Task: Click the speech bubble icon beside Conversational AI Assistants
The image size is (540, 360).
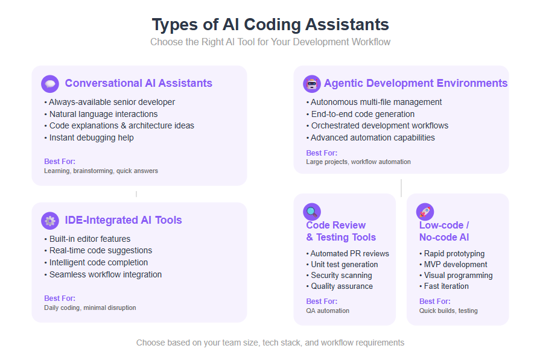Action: coord(50,84)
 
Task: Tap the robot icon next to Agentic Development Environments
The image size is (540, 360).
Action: coord(312,84)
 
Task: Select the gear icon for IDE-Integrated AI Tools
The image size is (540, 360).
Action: coord(50,221)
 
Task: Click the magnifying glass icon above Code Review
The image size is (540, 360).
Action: coord(312,212)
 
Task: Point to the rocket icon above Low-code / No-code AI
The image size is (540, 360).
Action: coord(425,212)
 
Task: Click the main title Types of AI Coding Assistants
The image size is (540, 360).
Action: coord(270,25)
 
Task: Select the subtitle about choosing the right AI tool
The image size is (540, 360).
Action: coord(270,42)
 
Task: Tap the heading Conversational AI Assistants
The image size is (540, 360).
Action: coord(138,83)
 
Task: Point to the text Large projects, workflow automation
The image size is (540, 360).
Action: coord(358,162)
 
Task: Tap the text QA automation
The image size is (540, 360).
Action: coord(328,311)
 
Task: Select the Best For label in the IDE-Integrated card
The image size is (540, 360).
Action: coord(60,298)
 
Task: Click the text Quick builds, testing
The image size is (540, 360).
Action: coord(448,311)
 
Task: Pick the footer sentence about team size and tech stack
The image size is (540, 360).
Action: coord(270,343)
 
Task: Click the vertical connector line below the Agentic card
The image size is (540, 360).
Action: coord(401,188)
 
